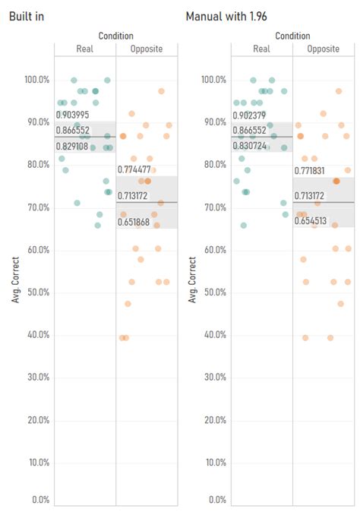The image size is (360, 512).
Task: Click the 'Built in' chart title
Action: click(27, 16)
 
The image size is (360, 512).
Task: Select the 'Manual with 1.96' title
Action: click(226, 16)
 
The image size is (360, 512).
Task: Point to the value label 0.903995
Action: click(72, 114)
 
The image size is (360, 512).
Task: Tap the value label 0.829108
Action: click(72, 146)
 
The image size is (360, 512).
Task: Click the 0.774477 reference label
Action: click(134, 169)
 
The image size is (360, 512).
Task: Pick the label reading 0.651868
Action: click(134, 222)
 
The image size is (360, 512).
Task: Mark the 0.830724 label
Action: click(248, 145)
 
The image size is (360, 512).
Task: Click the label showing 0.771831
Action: click(310, 171)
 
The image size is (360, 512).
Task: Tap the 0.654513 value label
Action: click(310, 221)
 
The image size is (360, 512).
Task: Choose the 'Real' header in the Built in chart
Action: click(85, 49)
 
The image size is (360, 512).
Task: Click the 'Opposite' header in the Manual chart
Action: click(324, 49)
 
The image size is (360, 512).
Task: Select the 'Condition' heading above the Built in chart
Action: click(115, 36)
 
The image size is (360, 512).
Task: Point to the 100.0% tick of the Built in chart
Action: click(36, 80)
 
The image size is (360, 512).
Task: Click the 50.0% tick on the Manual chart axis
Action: click(214, 292)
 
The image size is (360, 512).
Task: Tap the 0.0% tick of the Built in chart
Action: click(39, 500)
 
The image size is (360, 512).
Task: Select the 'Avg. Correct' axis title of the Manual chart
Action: click(192, 280)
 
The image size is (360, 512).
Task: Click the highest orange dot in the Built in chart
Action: click(161, 91)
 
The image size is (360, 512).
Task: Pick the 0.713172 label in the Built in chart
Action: click(134, 195)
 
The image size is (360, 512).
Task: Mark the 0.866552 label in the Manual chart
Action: click(248, 131)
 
